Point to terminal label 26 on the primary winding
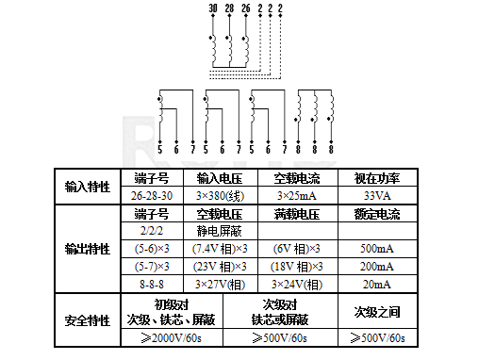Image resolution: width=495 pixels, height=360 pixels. (x=246, y=8)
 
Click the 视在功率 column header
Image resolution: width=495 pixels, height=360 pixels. (x=377, y=177)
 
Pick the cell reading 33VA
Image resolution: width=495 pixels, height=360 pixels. (x=377, y=195)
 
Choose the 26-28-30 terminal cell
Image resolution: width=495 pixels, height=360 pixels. (x=152, y=195)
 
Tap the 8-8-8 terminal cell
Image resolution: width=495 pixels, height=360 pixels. (x=152, y=284)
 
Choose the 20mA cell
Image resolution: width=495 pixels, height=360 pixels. (x=377, y=284)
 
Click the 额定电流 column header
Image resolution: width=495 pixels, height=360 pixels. (x=377, y=213)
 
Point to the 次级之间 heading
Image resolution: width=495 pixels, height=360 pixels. (x=377, y=311)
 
